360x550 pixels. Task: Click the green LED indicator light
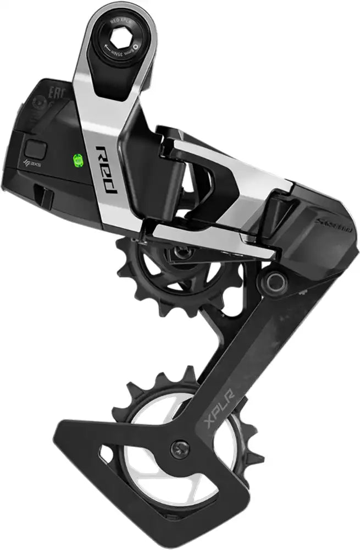77,161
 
